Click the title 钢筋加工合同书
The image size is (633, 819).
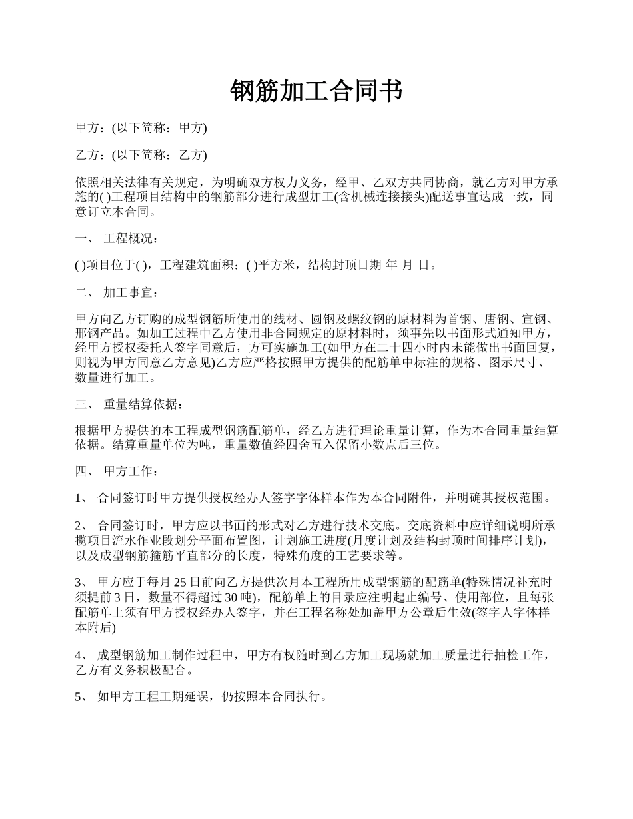tap(316, 91)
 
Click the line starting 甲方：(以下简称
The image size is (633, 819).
tap(141, 128)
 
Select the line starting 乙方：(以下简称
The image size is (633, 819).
tap(141, 155)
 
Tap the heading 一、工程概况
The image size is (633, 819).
tap(117, 238)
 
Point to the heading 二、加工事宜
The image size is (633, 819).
tap(117, 292)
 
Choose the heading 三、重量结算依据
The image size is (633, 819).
tap(127, 404)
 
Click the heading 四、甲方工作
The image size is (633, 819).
tap(117, 471)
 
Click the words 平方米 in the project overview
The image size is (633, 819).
tap(277, 265)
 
